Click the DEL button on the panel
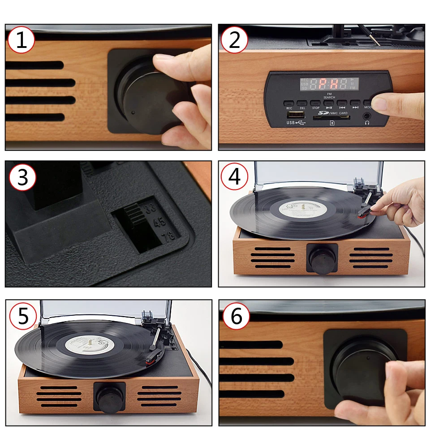click(x=302, y=102)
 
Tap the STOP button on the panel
click(x=316, y=102)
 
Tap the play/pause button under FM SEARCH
click(x=329, y=102)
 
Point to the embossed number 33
click(x=150, y=207)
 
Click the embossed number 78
click(x=168, y=237)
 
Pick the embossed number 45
click(x=159, y=222)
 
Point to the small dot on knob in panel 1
click(x=133, y=112)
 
